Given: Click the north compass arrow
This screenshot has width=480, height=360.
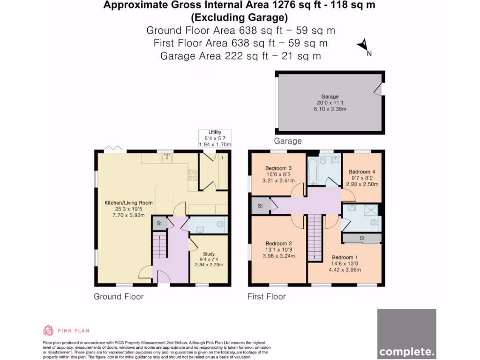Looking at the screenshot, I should pyautogui.click(x=363, y=46).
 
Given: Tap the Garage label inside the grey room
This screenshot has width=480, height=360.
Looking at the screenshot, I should pyautogui.click(x=330, y=96).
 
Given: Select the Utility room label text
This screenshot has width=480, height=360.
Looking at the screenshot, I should pyautogui.click(x=215, y=133).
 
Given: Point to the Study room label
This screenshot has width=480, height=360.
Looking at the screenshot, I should pyautogui.click(x=209, y=255).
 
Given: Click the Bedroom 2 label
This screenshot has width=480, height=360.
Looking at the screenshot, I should pyautogui.click(x=278, y=243).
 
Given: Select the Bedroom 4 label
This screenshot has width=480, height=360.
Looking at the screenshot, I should pyautogui.click(x=362, y=172).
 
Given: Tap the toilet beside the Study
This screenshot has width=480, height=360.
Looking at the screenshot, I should pyautogui.click(x=220, y=225).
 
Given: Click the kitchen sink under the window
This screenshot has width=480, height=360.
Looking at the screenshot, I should pyautogui.click(x=166, y=158).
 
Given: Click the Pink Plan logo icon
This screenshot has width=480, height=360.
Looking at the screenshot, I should pyautogui.click(x=48, y=330).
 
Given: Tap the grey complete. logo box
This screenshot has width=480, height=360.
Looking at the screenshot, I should pyautogui.click(x=406, y=333).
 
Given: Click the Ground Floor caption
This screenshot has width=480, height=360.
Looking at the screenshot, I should pyautogui.click(x=119, y=296).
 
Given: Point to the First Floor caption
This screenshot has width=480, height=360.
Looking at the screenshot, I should pyautogui.click(x=266, y=296).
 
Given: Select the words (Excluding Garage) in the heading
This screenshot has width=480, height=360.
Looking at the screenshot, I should pyautogui.click(x=239, y=18).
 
